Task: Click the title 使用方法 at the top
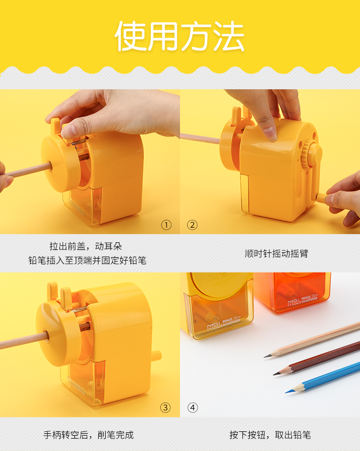(180, 36)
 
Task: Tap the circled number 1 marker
(167, 225)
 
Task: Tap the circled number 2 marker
(192, 225)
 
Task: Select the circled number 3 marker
(166, 407)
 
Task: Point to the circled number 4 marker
(193, 407)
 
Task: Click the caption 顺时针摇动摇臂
(276, 253)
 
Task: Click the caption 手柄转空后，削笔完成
(89, 435)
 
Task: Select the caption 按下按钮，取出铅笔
(270, 435)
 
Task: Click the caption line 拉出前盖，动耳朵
(86, 246)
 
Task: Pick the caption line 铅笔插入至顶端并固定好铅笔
(87, 261)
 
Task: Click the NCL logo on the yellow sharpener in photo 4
(214, 326)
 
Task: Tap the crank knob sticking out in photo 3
(156, 356)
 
